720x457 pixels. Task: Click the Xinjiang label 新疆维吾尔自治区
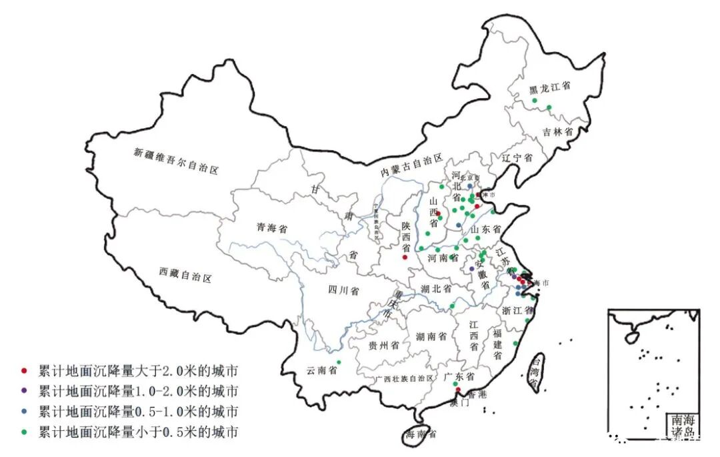(176, 161)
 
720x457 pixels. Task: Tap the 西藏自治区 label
(185, 273)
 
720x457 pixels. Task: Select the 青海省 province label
(272, 228)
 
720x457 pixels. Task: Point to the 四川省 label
(343, 291)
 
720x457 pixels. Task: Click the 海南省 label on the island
(422, 434)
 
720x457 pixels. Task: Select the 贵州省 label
(383, 346)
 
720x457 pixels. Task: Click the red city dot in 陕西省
(405, 257)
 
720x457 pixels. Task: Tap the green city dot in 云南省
(339, 362)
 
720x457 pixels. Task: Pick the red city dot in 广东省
(458, 390)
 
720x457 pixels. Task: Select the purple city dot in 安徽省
(471, 269)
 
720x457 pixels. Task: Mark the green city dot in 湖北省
(452, 306)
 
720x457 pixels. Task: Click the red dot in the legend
(25, 370)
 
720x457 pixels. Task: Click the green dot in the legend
(25, 432)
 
